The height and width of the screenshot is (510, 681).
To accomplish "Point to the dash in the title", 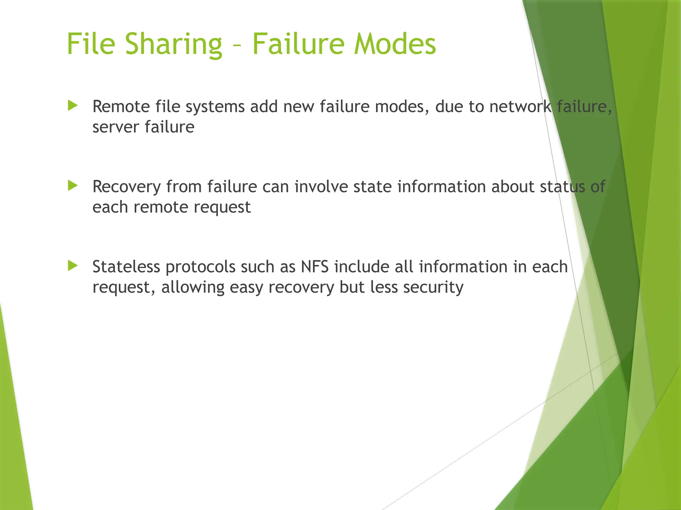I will coord(237,45).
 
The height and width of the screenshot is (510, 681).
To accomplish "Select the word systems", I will coord(215,107).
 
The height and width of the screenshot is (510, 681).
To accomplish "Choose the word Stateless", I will coord(126,267).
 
